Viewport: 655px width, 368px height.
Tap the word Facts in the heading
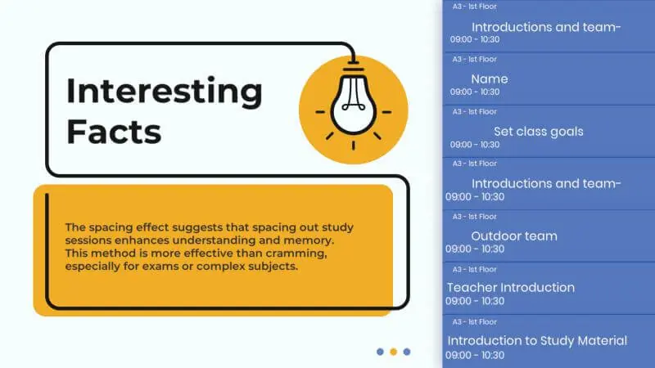[x=114, y=132]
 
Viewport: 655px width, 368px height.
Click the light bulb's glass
[x=354, y=106]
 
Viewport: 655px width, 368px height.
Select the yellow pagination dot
[x=393, y=352]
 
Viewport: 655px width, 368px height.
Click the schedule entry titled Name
[x=490, y=79]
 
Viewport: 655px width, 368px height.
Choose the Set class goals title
[x=539, y=132]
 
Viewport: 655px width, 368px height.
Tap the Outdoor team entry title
[x=514, y=236]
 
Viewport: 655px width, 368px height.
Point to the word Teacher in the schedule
[x=472, y=288]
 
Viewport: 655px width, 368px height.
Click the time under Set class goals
[x=475, y=145]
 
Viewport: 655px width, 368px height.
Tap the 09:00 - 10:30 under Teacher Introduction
[x=475, y=301]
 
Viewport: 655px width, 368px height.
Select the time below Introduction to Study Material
[x=475, y=356]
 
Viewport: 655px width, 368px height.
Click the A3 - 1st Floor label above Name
[x=475, y=59]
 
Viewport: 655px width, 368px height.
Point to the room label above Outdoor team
[x=475, y=217]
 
